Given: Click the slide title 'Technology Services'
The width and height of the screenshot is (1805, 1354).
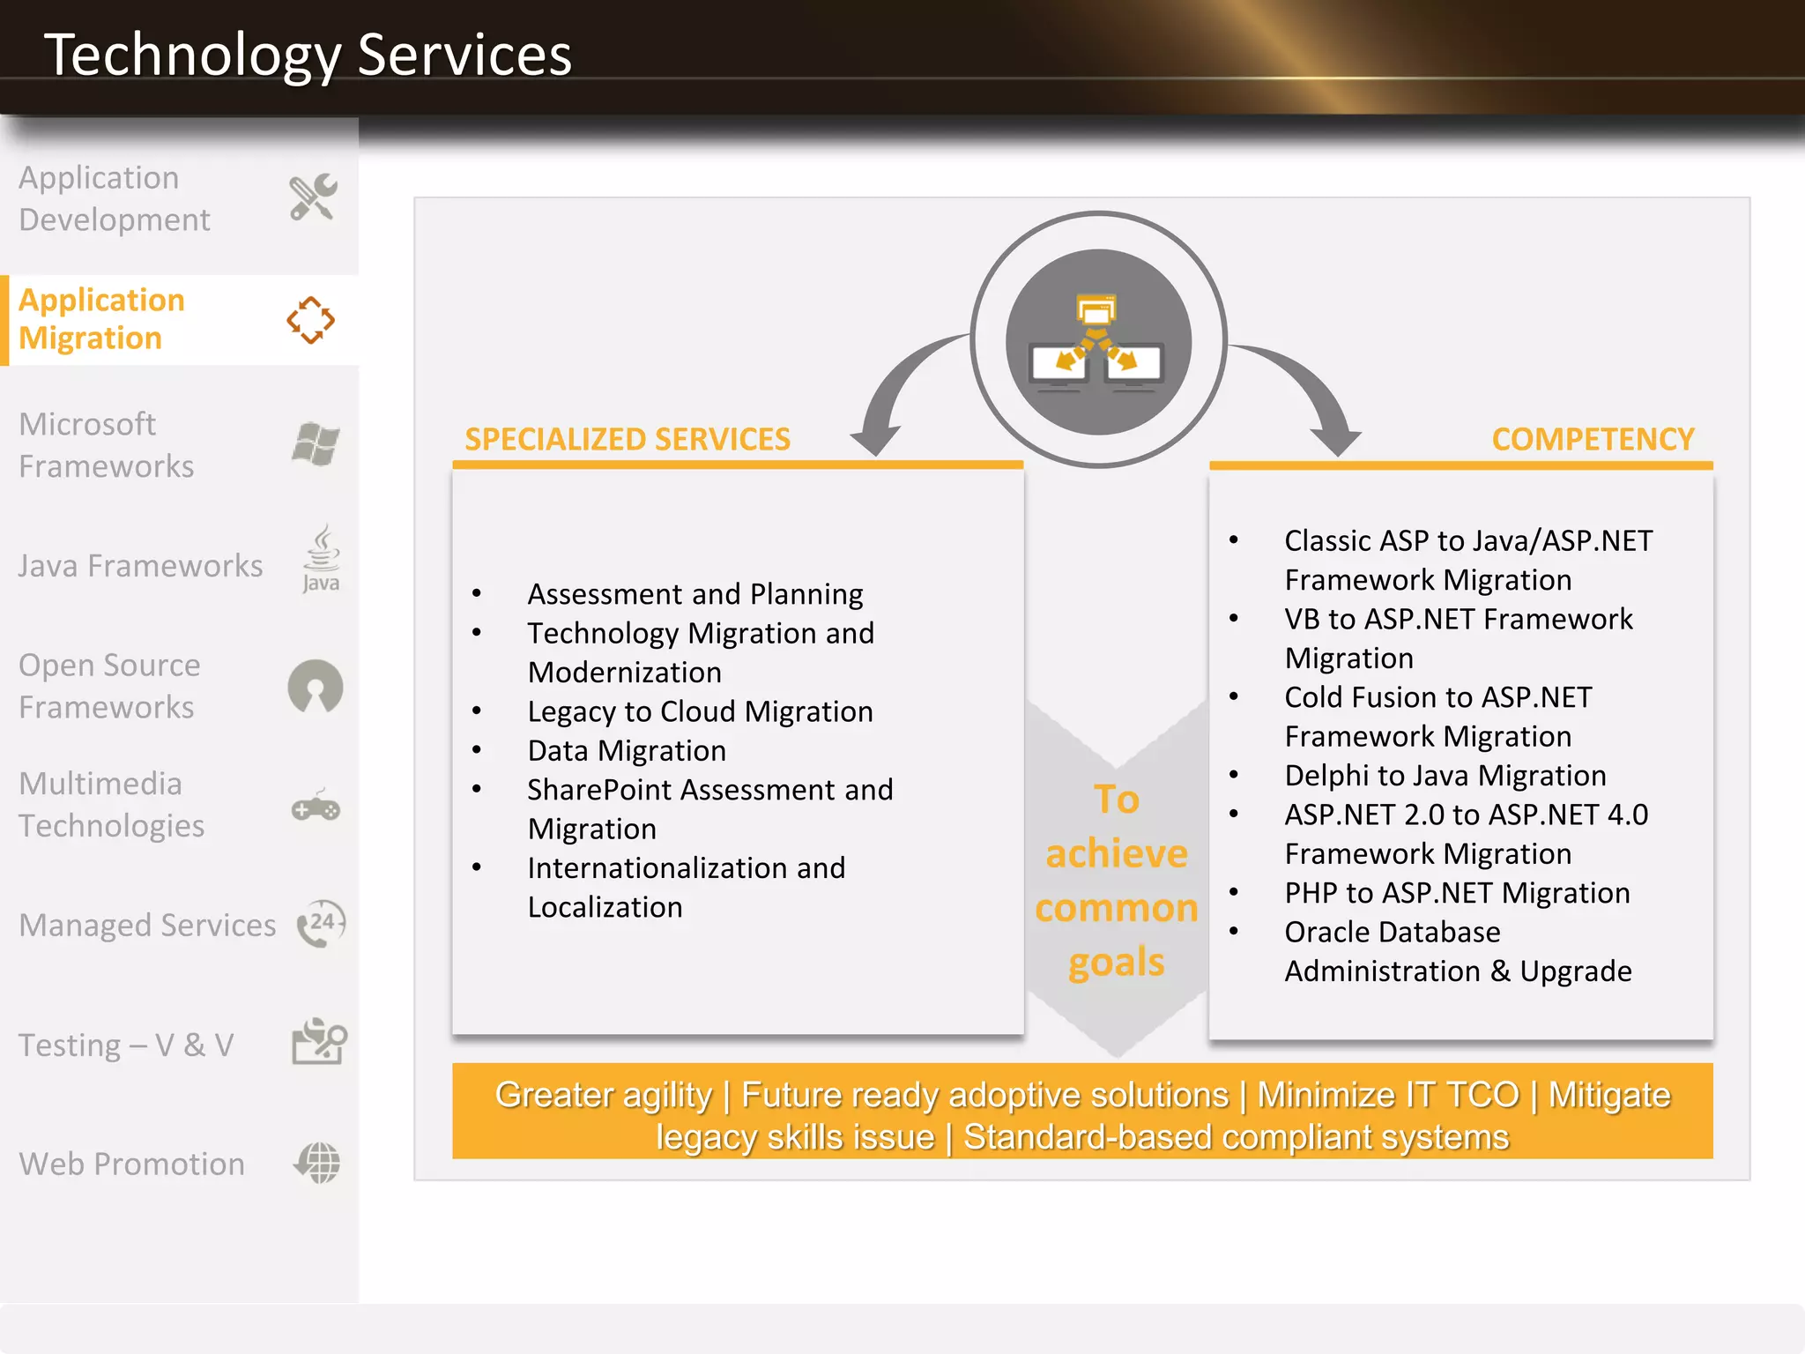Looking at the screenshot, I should click(308, 55).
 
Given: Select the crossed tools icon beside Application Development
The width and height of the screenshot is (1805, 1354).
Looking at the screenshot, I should click(313, 197).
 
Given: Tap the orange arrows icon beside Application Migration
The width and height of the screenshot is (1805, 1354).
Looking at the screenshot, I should click(310, 320).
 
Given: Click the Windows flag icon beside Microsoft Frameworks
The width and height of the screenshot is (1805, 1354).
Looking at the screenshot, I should click(316, 443).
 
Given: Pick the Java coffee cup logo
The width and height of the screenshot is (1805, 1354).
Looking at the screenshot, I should click(321, 558).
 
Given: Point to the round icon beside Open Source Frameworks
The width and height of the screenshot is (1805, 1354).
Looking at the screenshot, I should click(315, 686).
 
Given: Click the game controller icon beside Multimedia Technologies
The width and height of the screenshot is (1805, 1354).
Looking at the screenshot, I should click(316, 806).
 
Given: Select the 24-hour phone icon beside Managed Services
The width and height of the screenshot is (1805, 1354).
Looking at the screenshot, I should click(321, 924).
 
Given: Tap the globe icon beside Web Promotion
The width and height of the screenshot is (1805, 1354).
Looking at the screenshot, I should click(317, 1163).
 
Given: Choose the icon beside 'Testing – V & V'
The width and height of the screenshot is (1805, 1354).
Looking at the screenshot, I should click(318, 1042).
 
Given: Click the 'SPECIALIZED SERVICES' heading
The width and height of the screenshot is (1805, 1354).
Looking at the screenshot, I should click(628, 439).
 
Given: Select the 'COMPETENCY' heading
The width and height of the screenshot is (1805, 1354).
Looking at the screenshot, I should click(1593, 439).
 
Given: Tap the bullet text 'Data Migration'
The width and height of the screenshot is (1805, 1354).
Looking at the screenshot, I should click(627, 751).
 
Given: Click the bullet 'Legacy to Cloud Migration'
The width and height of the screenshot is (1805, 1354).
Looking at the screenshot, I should click(700, 711).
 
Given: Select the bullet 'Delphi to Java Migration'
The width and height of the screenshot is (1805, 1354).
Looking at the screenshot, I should click(1445, 776).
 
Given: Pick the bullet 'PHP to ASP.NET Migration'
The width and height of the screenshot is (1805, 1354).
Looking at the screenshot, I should click(1457, 893).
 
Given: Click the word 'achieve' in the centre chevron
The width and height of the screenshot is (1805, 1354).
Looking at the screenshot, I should click(1117, 853).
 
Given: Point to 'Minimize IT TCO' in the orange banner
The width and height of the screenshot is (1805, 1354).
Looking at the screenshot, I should click(1388, 1095).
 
